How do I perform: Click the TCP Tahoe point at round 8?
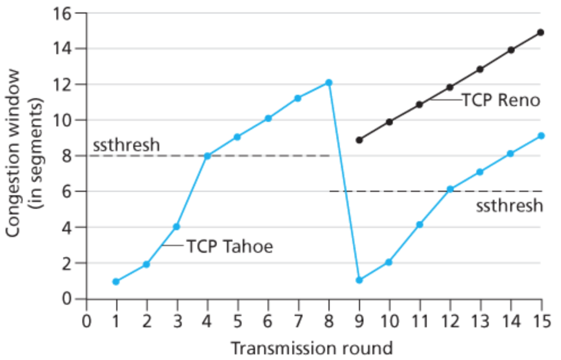[x=328, y=83]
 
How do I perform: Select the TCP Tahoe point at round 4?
[x=207, y=156]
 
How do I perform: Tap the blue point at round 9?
[x=359, y=280]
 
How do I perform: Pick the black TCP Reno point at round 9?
[x=359, y=139]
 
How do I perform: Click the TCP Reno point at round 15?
[x=540, y=32]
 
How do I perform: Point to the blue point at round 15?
[x=540, y=135]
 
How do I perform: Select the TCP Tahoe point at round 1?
[x=116, y=281]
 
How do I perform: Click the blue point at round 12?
[x=450, y=189]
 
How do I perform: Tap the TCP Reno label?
[x=501, y=100]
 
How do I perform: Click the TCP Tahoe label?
[x=229, y=246]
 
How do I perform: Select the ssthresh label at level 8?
[x=126, y=144]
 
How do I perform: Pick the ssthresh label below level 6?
[x=509, y=205]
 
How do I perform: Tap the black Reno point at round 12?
[x=450, y=87]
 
